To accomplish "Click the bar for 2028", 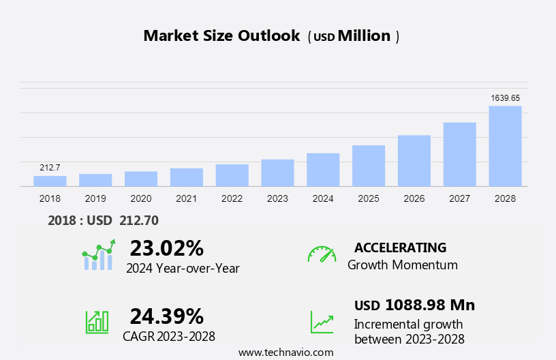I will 505,146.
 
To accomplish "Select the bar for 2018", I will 50,181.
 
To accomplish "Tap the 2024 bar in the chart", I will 323,170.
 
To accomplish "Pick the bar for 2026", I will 414,161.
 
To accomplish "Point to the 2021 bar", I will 187,177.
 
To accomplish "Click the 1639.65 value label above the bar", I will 506,98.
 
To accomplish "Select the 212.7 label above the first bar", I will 50,168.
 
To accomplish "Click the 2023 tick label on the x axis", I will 277,198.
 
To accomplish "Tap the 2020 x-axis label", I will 141,198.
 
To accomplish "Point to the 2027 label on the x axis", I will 460,198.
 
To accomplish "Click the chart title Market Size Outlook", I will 221,36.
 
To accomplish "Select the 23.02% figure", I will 167,247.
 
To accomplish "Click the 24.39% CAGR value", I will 167,316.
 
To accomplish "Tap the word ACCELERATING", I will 401,247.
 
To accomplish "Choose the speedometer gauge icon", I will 322,254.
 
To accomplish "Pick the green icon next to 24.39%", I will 97,321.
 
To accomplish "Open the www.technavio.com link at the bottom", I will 286,352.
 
